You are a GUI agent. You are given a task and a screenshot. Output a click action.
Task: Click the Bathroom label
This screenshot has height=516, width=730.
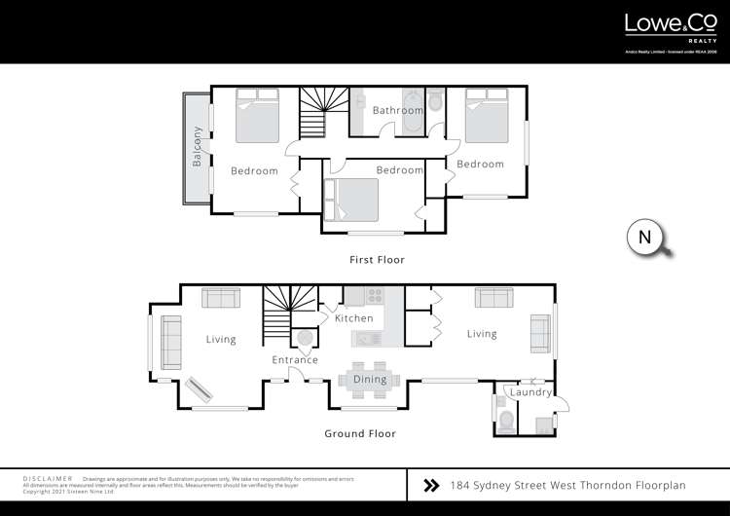click(x=397, y=111)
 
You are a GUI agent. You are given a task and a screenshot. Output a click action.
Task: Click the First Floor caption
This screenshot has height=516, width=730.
click(x=377, y=260)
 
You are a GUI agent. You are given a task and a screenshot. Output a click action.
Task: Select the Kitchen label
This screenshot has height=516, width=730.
click(x=353, y=318)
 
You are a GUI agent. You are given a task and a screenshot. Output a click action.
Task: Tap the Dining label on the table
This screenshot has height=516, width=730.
click(x=369, y=379)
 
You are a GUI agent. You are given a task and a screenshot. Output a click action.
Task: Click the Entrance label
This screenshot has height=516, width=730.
click(x=295, y=360)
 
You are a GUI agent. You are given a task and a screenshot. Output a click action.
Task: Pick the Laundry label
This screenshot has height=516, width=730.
click(x=532, y=392)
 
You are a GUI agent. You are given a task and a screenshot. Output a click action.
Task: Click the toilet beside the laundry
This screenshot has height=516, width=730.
click(x=505, y=420)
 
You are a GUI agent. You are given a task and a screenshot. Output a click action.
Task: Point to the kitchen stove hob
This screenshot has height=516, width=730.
click(x=375, y=296)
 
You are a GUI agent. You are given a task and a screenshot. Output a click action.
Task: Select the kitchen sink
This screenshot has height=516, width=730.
click(x=368, y=339)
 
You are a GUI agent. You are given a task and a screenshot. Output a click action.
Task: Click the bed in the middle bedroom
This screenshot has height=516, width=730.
click(x=352, y=200)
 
